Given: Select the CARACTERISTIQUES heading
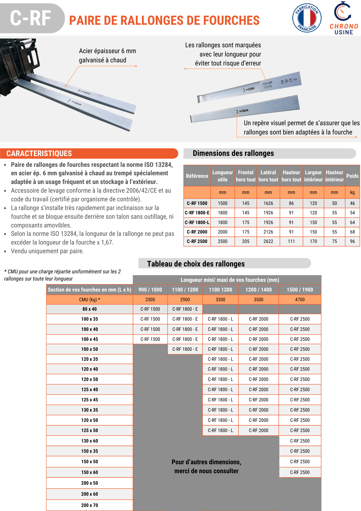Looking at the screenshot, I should pos(39,154).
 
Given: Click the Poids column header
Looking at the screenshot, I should pos(352,176).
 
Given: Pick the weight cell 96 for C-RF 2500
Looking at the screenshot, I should pos(352,241).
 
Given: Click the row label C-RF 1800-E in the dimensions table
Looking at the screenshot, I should pos(197,213).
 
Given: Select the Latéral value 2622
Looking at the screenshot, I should pos(268,241).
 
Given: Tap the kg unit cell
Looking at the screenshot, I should pos(352,192).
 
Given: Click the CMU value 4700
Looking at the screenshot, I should pos(300,300).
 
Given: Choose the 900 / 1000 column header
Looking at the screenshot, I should pos(150,290).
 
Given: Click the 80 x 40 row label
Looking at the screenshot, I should pos(90,309).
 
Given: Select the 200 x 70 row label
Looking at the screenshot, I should pos(90,505).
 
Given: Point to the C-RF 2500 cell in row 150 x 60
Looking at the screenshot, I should pos(300,472).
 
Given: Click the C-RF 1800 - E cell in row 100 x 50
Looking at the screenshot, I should pos(185,349).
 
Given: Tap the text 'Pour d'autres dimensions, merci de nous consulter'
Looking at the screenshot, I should pos(206,467).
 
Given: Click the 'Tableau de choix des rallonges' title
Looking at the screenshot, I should pos(196,264).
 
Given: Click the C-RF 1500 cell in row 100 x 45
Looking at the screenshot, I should pos(150,339).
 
